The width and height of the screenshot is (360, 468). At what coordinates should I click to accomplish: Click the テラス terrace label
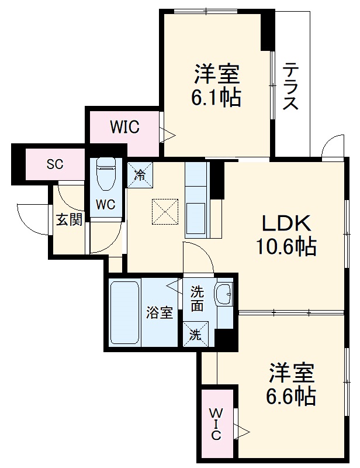pos(290,87)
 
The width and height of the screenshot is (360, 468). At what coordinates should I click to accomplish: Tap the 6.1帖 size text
pos(216,98)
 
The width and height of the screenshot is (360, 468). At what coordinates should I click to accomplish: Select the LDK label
pos(284,223)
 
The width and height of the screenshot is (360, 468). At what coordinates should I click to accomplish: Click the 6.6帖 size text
pos(292,397)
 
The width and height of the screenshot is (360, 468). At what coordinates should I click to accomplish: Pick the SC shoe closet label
pos(54,164)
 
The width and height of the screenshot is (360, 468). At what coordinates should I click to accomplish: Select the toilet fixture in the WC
pos(106,175)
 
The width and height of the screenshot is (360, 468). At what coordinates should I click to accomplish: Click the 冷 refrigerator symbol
pos(140,174)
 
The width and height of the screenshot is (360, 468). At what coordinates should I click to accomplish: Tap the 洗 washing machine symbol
pos(195,335)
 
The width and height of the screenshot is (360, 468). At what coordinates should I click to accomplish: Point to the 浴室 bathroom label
pos(160,312)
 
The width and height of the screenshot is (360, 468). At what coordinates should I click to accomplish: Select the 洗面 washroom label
pos(196,298)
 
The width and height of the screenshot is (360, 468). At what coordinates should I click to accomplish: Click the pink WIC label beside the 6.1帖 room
pos(124,128)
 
